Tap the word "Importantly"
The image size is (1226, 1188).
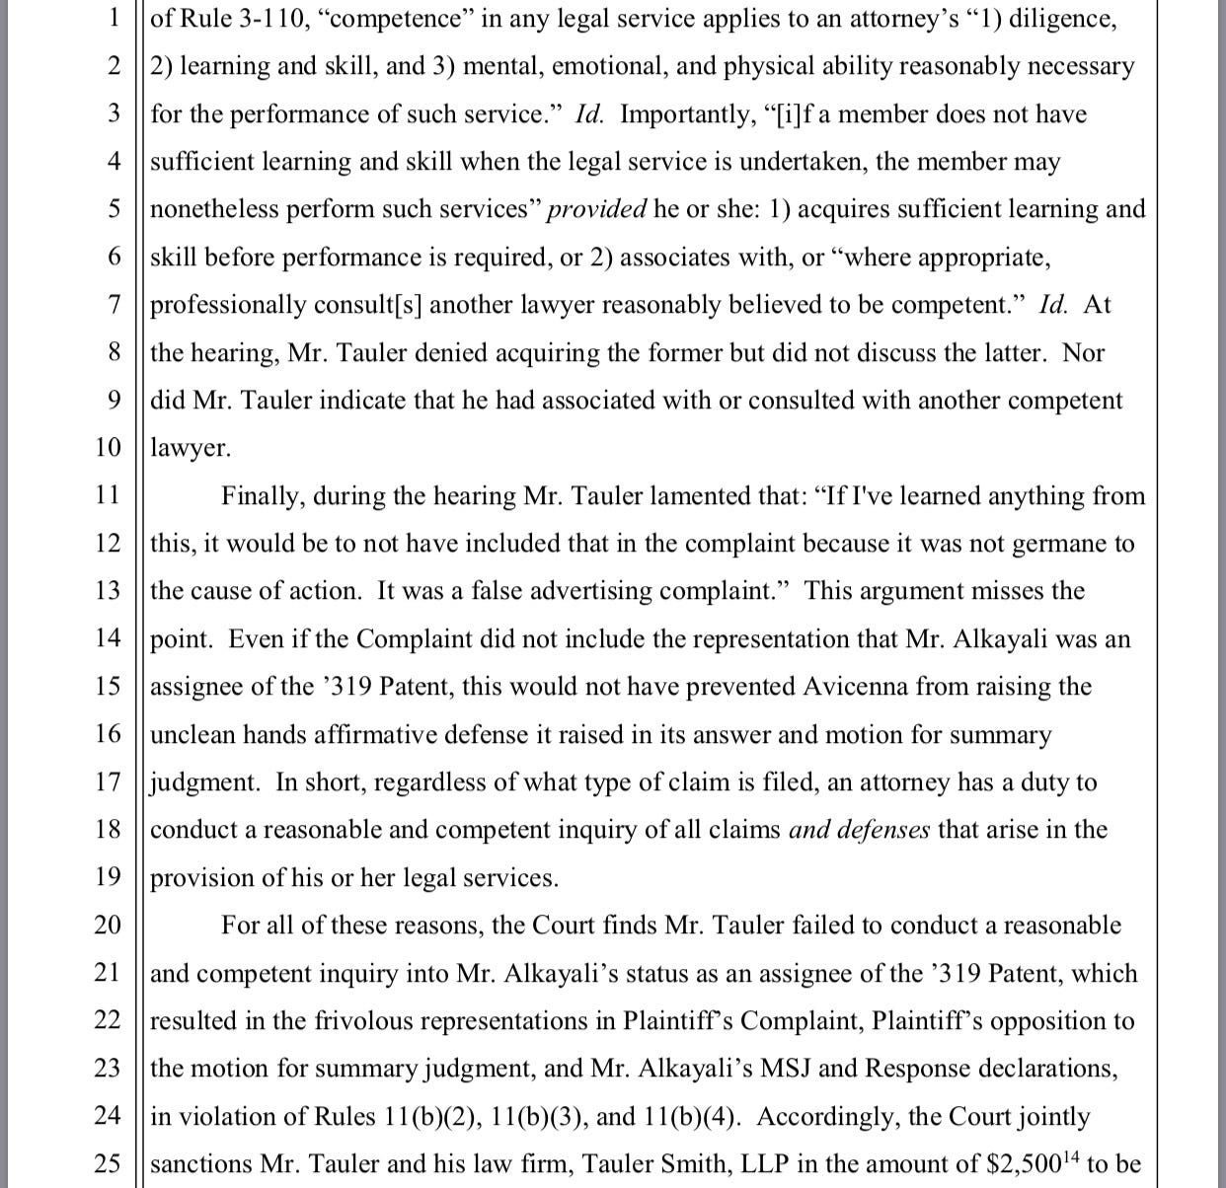point(685,114)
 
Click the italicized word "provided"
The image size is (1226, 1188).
point(597,209)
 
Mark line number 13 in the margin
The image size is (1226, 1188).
point(107,591)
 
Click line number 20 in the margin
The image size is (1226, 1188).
point(107,926)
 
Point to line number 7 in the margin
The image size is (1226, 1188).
point(114,305)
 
